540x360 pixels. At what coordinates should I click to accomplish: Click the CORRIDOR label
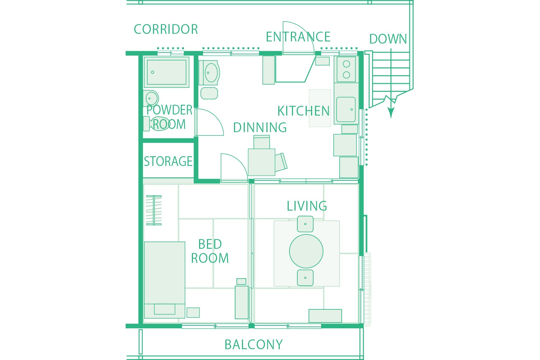point(166,29)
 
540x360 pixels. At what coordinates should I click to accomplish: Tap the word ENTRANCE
point(298,37)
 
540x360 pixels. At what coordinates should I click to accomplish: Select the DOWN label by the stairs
point(388,39)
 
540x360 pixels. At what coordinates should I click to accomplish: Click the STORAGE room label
point(168,161)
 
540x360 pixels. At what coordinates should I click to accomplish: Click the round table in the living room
point(306,251)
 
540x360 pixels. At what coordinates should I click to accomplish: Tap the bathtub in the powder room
point(167,72)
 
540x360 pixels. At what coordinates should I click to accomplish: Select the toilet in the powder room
point(157,124)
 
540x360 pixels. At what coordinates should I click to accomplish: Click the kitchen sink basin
point(346,109)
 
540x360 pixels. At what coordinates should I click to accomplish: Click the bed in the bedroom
point(165,280)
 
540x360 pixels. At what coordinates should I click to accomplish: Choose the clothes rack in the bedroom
point(154,210)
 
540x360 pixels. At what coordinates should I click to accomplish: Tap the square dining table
point(262,162)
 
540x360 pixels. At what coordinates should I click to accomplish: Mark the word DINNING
point(260,127)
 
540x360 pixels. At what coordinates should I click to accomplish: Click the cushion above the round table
point(305,224)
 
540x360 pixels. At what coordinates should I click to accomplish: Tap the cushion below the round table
point(305,278)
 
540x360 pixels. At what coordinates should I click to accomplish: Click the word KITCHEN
point(303,111)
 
